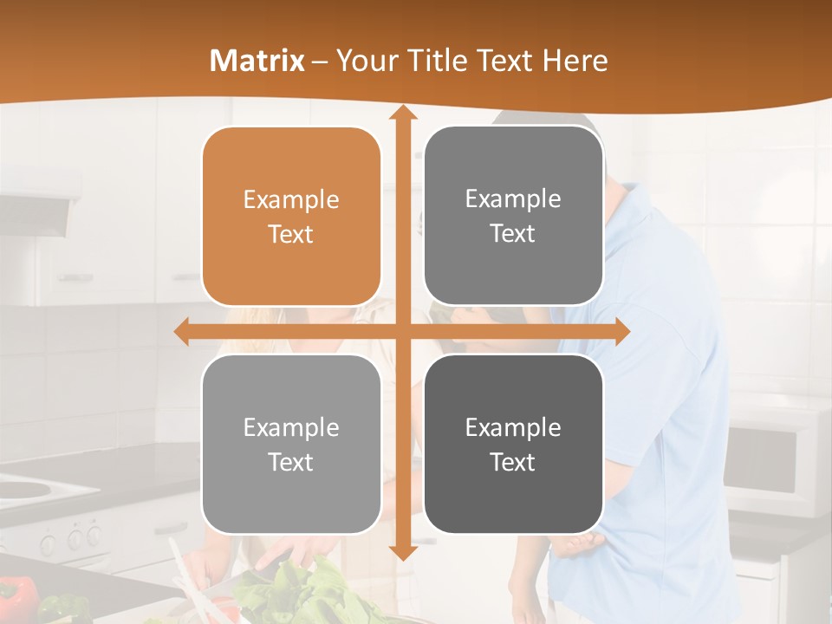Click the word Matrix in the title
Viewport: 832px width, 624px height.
click(257, 61)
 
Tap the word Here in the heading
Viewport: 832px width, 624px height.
click(575, 61)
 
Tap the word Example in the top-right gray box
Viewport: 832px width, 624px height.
click(513, 198)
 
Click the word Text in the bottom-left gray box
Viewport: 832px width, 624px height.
click(291, 462)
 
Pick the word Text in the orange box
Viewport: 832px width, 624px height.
click(291, 234)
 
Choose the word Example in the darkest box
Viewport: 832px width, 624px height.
click(513, 427)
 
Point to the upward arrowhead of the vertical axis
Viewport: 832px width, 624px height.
click(402, 114)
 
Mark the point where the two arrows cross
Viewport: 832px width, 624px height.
click(402, 331)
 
